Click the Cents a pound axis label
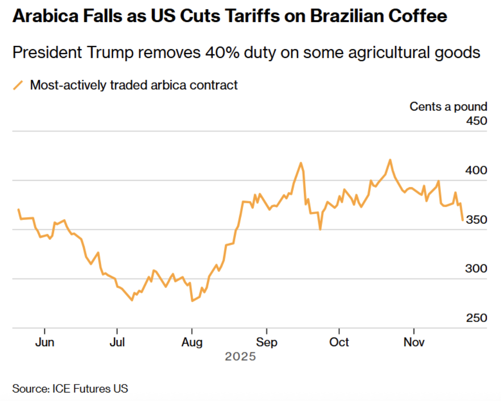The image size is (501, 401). coord(448,106)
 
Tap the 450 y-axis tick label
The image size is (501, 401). coord(476,121)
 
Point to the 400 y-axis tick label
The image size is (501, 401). coord(476,170)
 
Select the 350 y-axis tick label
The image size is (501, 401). coord(476,220)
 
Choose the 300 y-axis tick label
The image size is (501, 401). coord(476,269)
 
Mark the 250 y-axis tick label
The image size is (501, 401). coord(476,318)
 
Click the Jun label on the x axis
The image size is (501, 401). coord(45,342)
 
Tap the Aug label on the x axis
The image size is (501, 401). coord(192,342)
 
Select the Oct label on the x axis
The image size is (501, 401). coord(339,342)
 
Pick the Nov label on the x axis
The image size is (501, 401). coord(414,342)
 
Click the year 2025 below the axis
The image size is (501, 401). coord(240,356)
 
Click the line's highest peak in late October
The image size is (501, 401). coord(390,160)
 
